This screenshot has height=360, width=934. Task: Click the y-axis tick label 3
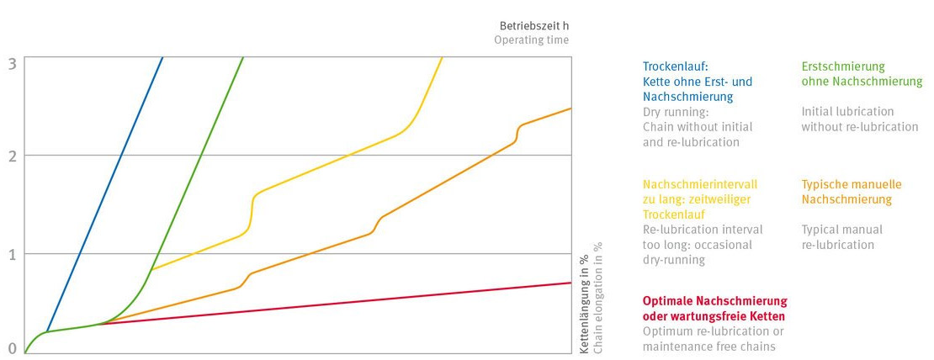[x=12, y=62]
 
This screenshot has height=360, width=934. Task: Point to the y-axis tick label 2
[x=12, y=156]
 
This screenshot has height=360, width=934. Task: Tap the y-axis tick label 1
[x=12, y=254]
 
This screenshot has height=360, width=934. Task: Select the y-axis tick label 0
[x=12, y=348]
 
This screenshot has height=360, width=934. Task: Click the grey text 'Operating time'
[x=531, y=40]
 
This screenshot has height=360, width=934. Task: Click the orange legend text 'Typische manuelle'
[x=851, y=184]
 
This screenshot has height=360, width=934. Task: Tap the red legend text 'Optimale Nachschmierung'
[x=714, y=301]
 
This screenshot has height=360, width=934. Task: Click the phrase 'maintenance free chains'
[x=708, y=347]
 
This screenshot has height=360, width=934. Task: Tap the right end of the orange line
[x=570, y=109]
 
